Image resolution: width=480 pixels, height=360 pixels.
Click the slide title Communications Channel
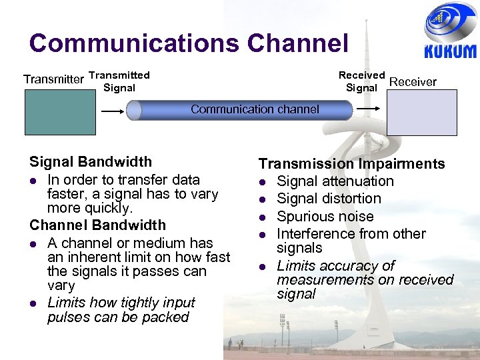189,43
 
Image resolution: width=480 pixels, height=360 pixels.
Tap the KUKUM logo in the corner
450,33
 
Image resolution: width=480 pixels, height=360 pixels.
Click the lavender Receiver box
423,113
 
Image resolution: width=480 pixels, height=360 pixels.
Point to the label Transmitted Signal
119,81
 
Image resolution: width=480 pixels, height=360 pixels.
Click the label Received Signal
361,81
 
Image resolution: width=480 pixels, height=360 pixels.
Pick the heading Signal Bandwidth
91,162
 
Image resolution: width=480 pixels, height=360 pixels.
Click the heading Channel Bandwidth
97,225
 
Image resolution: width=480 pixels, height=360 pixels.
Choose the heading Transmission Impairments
351,164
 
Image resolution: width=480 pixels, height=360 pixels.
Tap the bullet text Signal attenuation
335,181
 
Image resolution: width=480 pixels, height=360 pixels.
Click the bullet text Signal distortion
329,199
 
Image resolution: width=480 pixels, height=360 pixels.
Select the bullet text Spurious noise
325,217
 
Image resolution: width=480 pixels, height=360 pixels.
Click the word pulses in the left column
68,317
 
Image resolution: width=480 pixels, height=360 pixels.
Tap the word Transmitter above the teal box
53,80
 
